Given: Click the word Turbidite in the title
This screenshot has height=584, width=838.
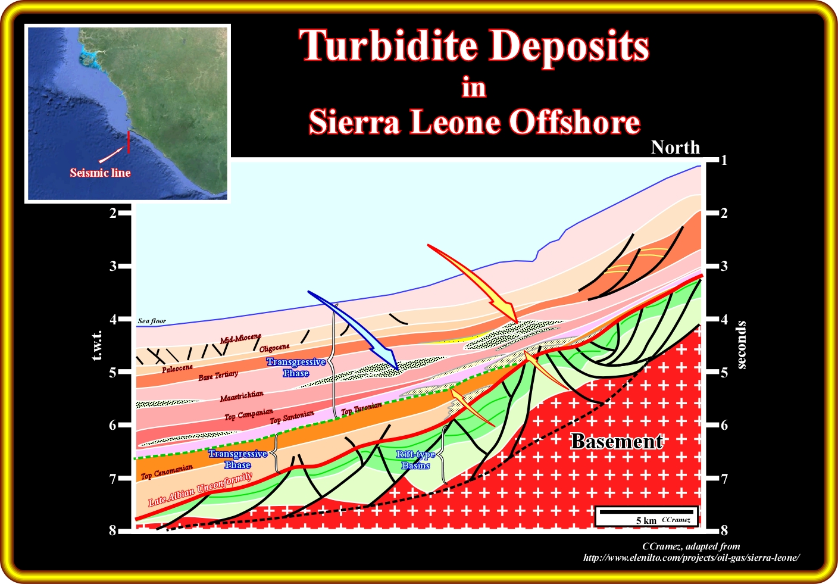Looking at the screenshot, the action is click(388, 46).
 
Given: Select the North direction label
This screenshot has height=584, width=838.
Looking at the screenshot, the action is click(676, 148).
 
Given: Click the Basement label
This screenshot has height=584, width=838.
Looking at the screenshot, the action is click(617, 442).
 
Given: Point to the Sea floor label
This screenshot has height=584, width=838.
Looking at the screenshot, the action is click(152, 321).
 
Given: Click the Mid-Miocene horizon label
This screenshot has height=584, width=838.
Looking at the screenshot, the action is click(240, 338).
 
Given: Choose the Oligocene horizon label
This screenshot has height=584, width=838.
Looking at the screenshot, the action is click(274, 348).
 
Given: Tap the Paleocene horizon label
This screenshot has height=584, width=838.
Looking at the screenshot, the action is click(177, 368).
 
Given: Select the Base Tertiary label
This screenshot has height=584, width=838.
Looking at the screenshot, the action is click(218, 376).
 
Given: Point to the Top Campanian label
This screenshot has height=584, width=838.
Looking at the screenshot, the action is click(249, 414).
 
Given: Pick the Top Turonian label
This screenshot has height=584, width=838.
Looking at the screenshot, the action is click(361, 408).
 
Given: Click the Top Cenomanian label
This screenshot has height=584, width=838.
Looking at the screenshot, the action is click(167, 471).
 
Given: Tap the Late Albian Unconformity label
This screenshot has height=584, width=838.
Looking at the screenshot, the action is click(200, 489).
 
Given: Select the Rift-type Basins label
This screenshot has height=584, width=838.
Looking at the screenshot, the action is click(415, 460).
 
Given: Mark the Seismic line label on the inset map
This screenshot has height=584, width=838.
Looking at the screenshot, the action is click(100, 173).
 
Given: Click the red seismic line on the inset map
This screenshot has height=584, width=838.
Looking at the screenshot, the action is click(129, 142).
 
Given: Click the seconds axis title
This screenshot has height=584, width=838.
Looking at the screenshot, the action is click(741, 345).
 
